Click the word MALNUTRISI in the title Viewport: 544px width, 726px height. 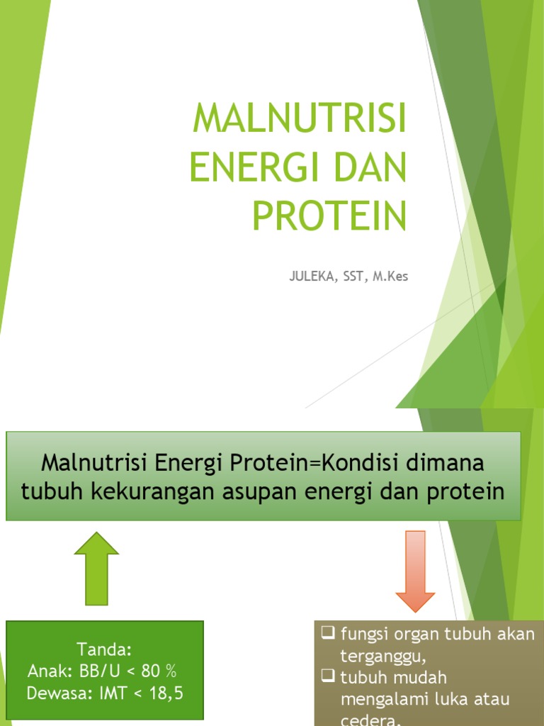[x=300, y=119]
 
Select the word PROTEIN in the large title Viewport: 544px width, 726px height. [x=330, y=216]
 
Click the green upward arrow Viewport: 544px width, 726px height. [x=96, y=568]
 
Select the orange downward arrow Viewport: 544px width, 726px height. [x=415, y=571]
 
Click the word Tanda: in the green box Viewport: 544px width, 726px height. [x=105, y=649]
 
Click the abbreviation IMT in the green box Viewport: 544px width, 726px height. [x=110, y=693]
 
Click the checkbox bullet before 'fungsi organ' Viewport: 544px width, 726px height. [x=328, y=633]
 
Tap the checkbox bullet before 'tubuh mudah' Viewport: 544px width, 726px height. [x=328, y=677]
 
